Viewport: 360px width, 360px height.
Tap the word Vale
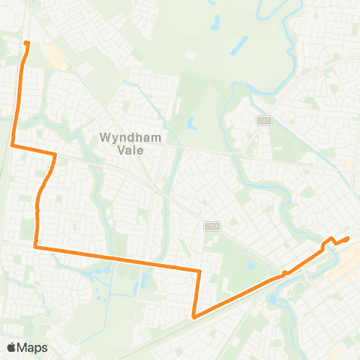click(x=134, y=149)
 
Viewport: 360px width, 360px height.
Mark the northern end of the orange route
click(x=27, y=43)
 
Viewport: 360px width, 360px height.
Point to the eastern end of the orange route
click(x=349, y=238)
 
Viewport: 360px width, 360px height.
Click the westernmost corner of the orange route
click(x=13, y=145)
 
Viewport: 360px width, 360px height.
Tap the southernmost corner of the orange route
click(x=194, y=316)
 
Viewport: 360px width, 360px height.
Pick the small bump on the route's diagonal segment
click(x=285, y=273)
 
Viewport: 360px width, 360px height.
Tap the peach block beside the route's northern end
click(x=54, y=55)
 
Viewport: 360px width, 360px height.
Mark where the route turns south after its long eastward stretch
click(x=200, y=271)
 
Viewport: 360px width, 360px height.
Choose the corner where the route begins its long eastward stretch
click(x=35, y=245)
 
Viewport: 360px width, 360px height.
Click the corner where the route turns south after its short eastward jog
click(x=55, y=154)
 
